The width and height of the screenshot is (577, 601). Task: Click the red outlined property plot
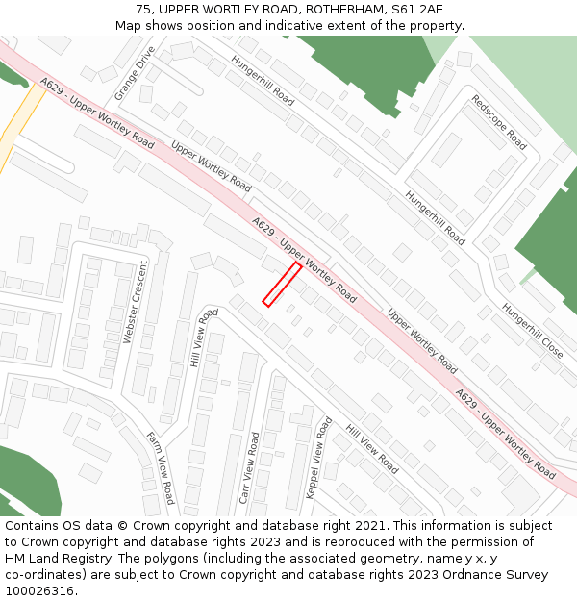[x=282, y=285]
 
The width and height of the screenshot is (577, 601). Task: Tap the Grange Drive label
[x=134, y=73]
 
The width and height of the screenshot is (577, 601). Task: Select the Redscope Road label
[x=499, y=122]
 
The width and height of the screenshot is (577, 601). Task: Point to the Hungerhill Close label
[x=532, y=331]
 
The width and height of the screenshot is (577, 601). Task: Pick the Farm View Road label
[x=161, y=467]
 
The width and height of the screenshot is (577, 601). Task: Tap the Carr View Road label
[x=250, y=468]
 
